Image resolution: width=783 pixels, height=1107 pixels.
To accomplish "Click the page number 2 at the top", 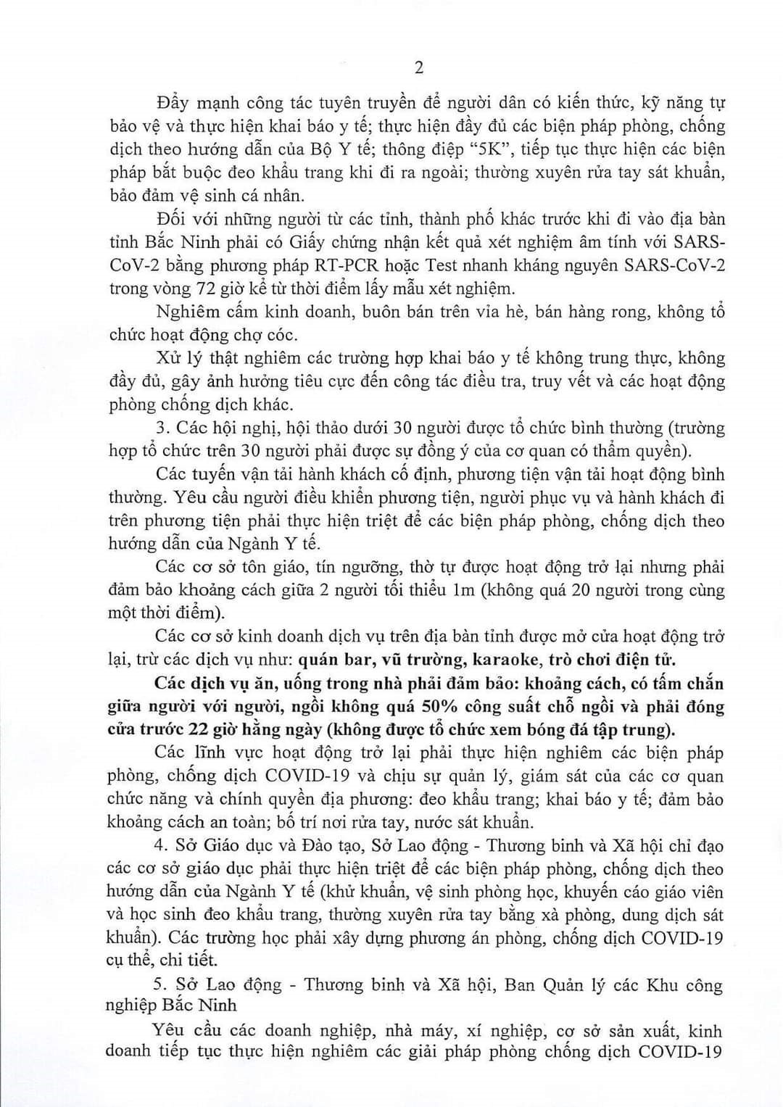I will [418, 67].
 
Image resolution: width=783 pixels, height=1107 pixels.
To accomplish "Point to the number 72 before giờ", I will [205, 288].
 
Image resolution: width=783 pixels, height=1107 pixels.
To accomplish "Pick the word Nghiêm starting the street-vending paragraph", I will [188, 312].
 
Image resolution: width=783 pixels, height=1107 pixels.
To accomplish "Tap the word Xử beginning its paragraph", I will [168, 358].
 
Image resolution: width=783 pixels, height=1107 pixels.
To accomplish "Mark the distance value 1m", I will [463, 589].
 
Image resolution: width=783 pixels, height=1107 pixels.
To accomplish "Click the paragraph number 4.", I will [160, 845].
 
